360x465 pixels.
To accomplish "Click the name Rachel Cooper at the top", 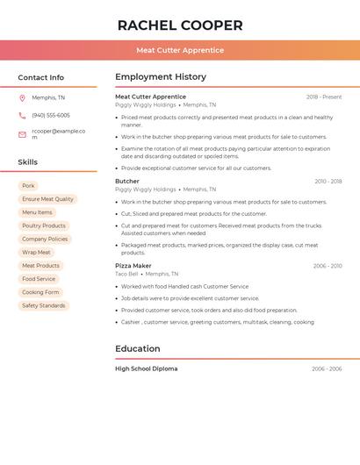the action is tap(179, 25).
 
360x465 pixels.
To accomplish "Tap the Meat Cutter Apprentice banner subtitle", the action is tap(179, 50).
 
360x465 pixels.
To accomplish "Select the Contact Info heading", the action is tap(40, 77).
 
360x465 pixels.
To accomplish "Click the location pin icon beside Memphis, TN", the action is tap(22, 97).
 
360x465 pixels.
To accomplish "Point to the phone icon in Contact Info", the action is tap(22, 115).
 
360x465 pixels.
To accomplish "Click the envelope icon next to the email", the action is tap(22, 134).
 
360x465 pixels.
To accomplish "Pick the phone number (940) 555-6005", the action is tap(51, 115).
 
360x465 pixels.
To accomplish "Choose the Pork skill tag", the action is tap(29, 186).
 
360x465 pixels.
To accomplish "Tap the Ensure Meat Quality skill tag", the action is tap(47, 199).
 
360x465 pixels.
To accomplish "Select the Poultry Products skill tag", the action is tap(44, 225).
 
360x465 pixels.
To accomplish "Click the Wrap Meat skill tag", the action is tap(36, 252).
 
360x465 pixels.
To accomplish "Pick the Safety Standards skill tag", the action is tap(44, 305).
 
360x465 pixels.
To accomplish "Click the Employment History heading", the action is tap(161, 77).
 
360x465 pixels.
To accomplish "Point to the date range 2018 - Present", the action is tap(324, 97).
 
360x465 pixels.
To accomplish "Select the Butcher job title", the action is tap(127, 181).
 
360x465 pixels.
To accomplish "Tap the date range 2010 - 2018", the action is tap(328, 182).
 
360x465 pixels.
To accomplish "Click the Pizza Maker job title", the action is tap(133, 265).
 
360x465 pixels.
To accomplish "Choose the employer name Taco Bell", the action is tap(126, 274).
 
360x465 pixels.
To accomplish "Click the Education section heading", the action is tap(138, 348).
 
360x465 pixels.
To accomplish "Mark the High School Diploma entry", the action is tap(146, 368).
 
